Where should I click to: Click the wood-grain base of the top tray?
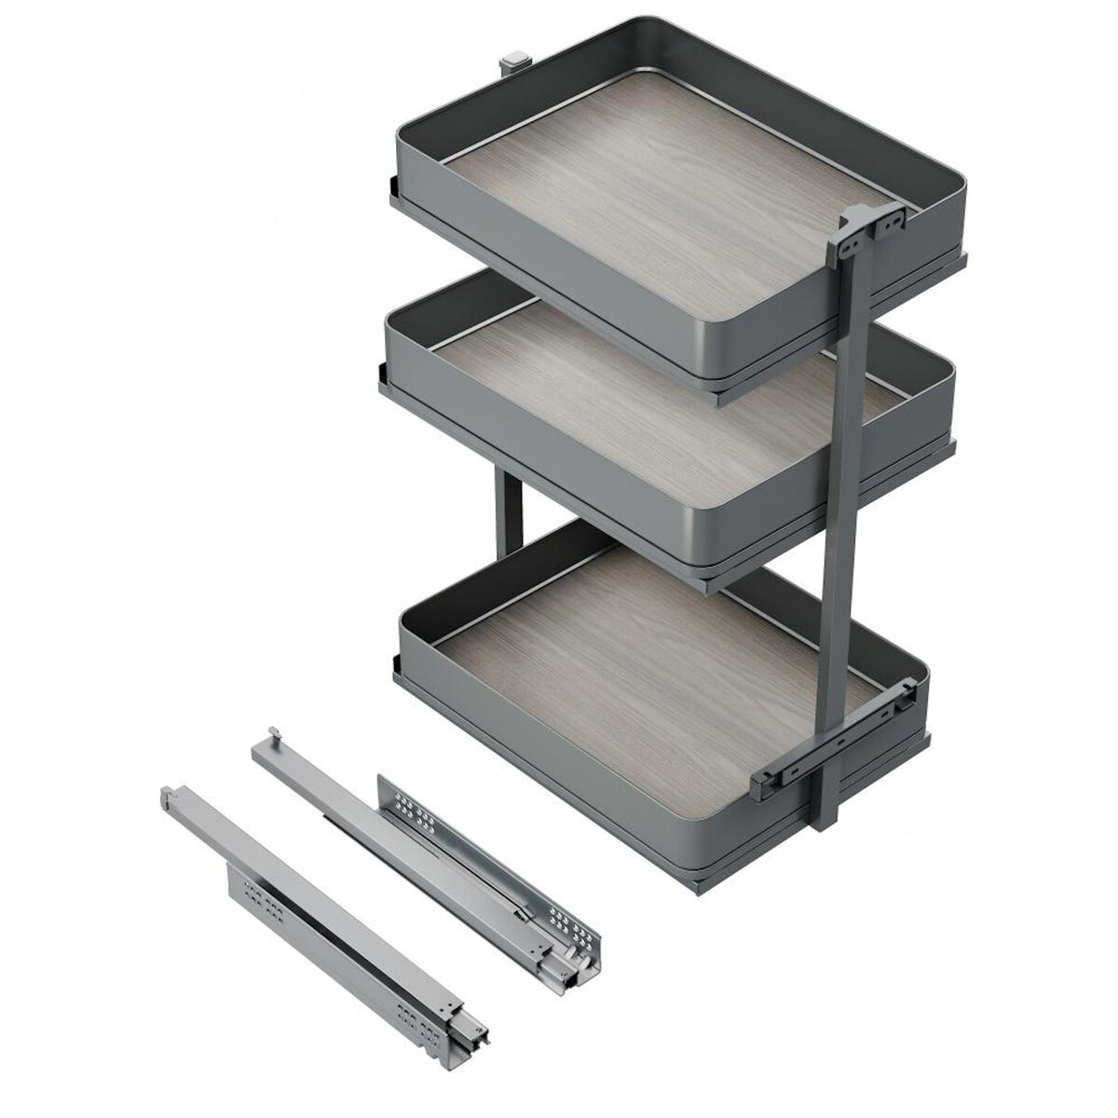click(652, 214)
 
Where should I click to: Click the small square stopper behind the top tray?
click(511, 65)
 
